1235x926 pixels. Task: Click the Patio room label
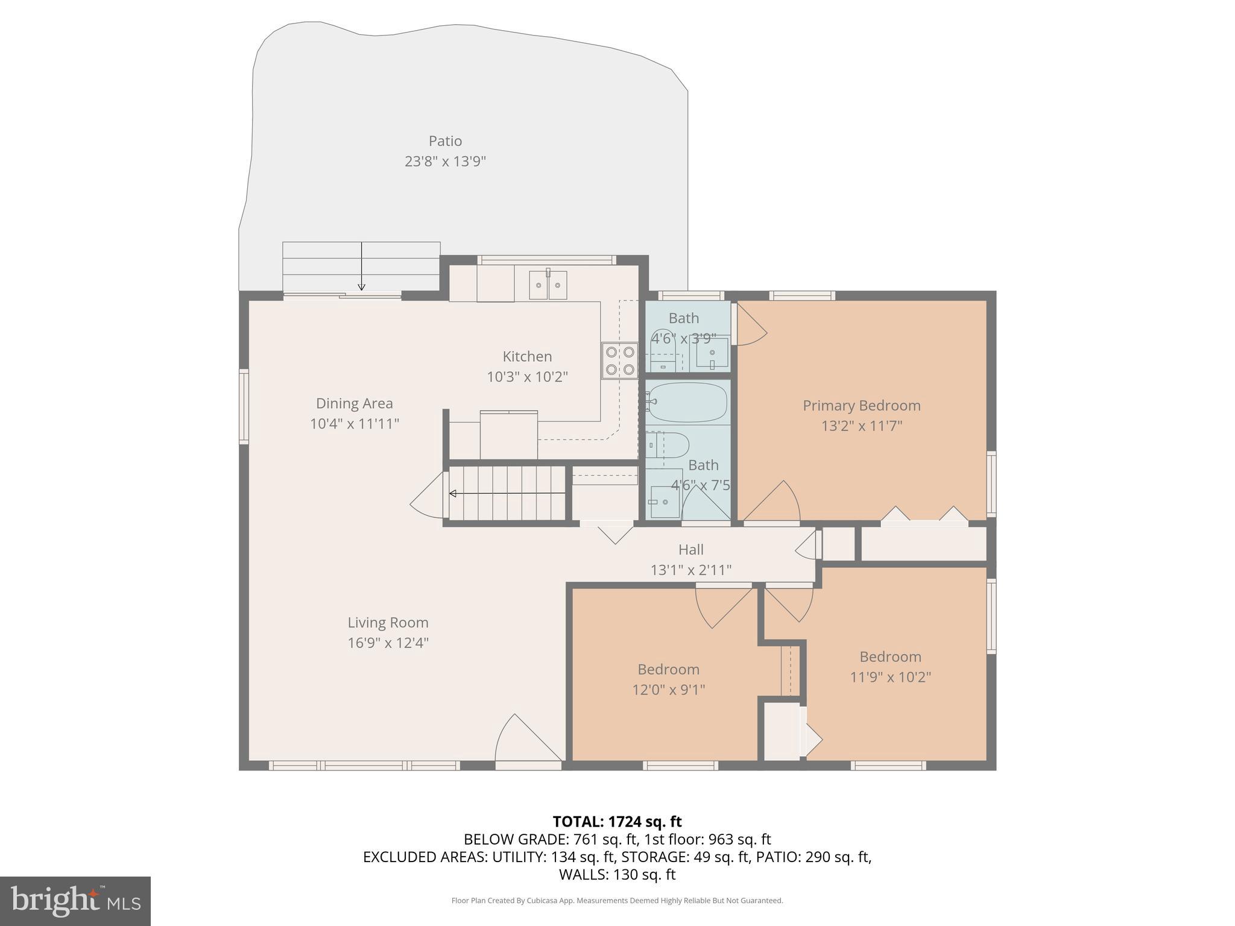pyautogui.click(x=445, y=141)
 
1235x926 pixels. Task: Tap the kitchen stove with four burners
pyautogui.click(x=619, y=360)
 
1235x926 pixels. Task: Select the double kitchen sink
pyautogui.click(x=548, y=285)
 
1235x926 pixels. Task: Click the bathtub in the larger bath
pyautogui.click(x=687, y=402)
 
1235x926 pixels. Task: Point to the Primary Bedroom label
pyautogui.click(x=861, y=406)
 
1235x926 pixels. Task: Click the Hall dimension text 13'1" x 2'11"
pyautogui.click(x=690, y=570)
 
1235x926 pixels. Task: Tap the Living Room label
pyautogui.click(x=388, y=622)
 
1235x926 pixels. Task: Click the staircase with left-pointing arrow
pyautogui.click(x=507, y=493)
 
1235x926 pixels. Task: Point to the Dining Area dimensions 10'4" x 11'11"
pyautogui.click(x=355, y=424)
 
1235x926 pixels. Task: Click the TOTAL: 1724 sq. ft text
pyautogui.click(x=617, y=822)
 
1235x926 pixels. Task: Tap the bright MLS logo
pyautogui.click(x=75, y=901)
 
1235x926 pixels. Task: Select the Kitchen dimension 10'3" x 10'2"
pyautogui.click(x=527, y=377)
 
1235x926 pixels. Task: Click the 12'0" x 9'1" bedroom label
pyautogui.click(x=668, y=689)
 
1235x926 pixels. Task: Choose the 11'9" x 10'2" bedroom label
pyautogui.click(x=890, y=677)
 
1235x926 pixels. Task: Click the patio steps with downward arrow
pyautogui.click(x=361, y=266)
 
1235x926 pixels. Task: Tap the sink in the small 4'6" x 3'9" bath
pyautogui.click(x=712, y=353)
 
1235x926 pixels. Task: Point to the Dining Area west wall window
pyautogui.click(x=244, y=407)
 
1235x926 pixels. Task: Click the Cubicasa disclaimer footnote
pyautogui.click(x=617, y=901)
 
